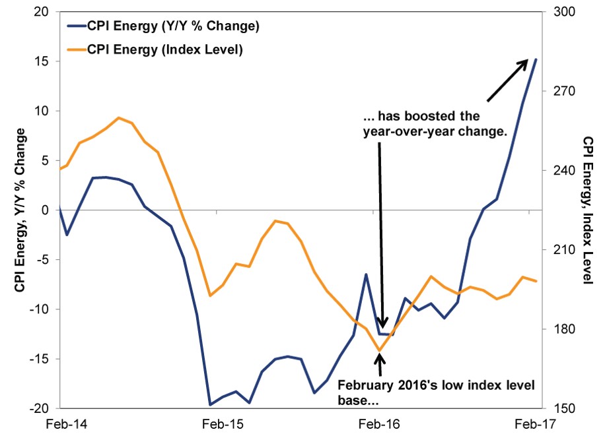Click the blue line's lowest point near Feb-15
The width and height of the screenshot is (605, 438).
[x=209, y=404]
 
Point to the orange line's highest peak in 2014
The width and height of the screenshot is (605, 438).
[x=118, y=118]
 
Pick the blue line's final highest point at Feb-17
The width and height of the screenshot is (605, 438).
[x=536, y=59]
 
